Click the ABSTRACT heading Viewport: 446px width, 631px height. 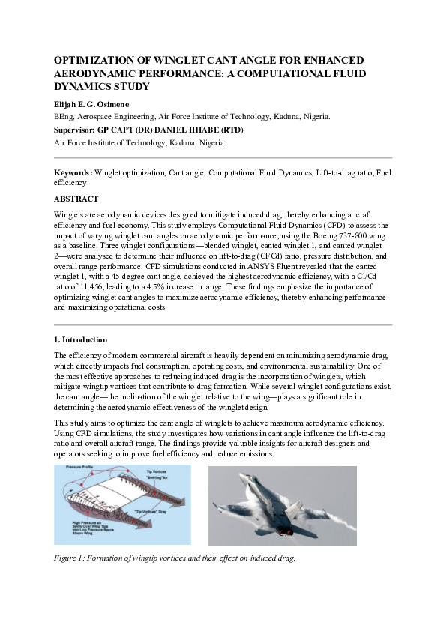pos(76,199)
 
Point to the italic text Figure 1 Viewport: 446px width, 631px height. pos(73,558)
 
